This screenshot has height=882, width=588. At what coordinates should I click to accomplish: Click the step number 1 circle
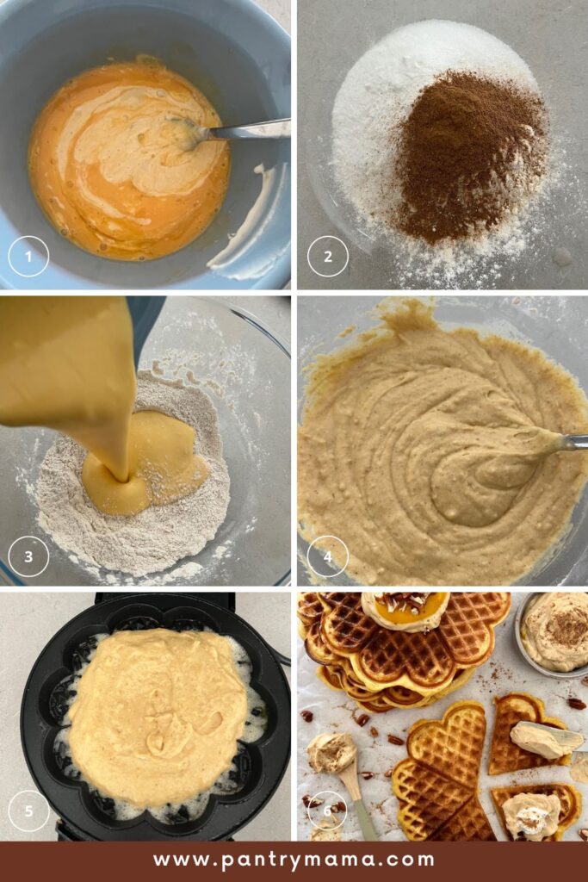28,257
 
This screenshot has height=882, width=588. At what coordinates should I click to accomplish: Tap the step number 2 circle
328,257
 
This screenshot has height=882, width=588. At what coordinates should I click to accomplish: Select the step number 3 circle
28,556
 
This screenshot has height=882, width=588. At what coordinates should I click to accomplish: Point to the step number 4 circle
328,556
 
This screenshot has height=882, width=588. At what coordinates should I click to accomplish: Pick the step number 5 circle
28,811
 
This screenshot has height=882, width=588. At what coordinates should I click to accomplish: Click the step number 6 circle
328,811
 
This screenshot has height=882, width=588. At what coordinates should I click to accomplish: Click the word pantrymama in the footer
328,861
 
